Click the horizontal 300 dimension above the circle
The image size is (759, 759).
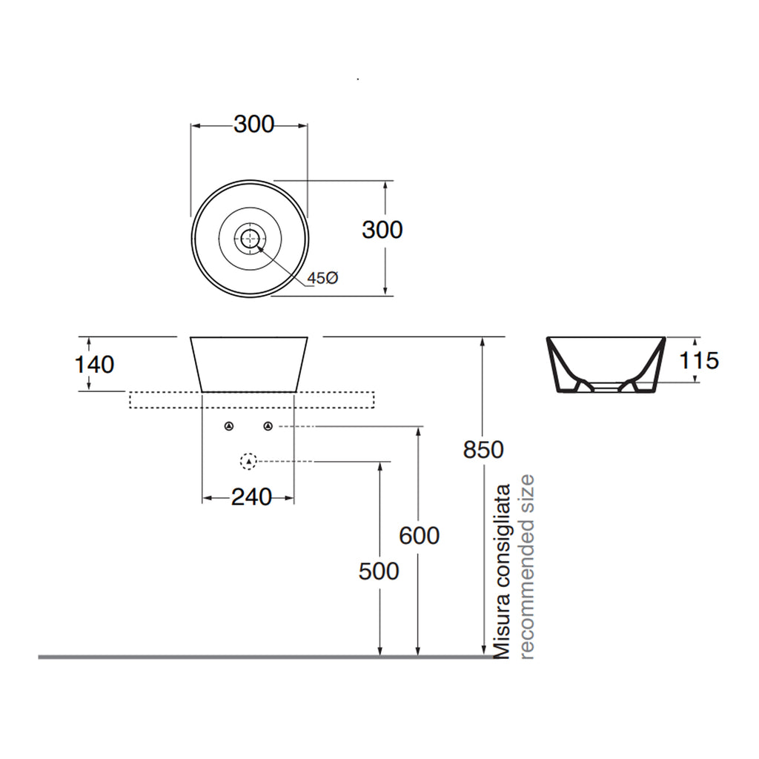253,125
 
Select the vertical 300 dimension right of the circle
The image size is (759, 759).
382,230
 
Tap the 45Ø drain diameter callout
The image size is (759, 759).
323,278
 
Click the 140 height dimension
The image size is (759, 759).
94,365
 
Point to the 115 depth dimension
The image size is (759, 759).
699,360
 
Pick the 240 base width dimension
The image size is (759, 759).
251,497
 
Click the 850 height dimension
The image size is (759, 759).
483,449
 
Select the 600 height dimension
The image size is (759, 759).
420,534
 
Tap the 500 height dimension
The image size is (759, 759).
379,571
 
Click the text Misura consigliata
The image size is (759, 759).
503,571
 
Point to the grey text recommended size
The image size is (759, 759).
526,567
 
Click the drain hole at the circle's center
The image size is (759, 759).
250,238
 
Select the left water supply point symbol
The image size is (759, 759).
229,426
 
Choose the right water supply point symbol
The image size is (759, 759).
268,426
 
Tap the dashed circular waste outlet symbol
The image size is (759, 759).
249,461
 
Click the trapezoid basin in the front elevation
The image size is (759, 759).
249,364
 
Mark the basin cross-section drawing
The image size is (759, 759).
605,365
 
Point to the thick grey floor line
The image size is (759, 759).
222,657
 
